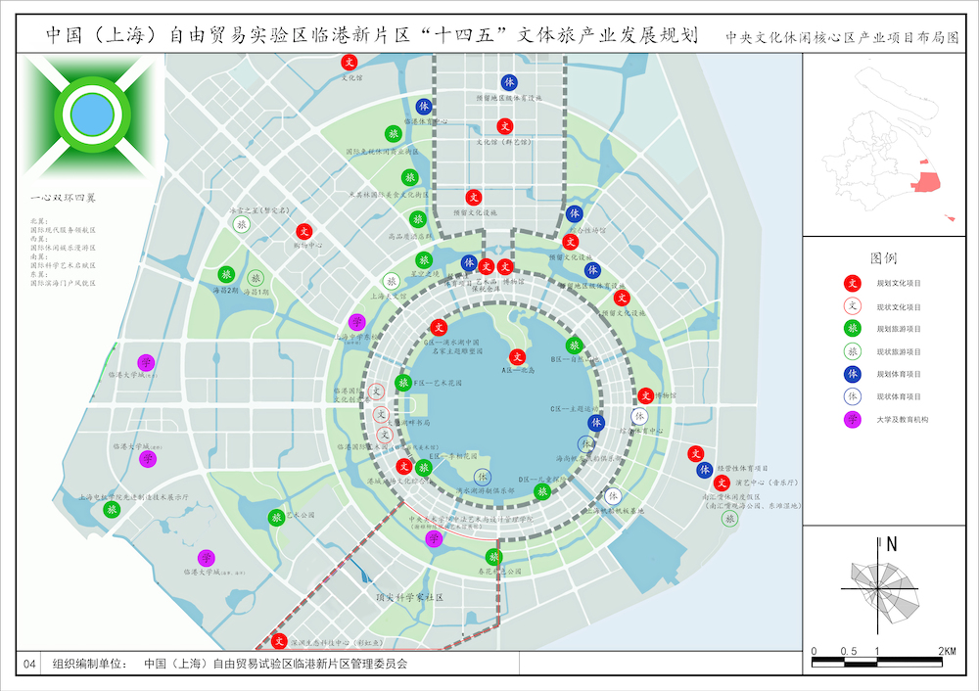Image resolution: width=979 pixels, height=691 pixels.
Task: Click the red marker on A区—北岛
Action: [x=517, y=357]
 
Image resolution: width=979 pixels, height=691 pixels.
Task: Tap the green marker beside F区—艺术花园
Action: [x=402, y=383]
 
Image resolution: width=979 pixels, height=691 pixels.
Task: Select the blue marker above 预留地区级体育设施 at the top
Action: [x=509, y=82]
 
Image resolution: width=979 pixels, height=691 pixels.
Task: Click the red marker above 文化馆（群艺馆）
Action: [x=505, y=125]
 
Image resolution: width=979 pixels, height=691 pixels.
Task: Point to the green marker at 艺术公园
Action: [x=276, y=517]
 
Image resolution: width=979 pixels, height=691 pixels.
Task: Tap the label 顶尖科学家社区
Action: [x=410, y=596]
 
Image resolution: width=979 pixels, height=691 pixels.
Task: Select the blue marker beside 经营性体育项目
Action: [x=704, y=470]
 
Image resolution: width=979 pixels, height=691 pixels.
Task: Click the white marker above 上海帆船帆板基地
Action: [x=612, y=496]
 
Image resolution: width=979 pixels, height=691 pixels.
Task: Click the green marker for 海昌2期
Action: [x=226, y=275]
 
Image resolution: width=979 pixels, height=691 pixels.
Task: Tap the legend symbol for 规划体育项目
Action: [x=853, y=374]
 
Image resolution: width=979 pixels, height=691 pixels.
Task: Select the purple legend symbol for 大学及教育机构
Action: [x=853, y=419]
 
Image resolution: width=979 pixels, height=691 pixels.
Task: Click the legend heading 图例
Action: [x=883, y=259]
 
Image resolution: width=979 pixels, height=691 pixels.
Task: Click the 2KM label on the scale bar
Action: [x=947, y=651]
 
